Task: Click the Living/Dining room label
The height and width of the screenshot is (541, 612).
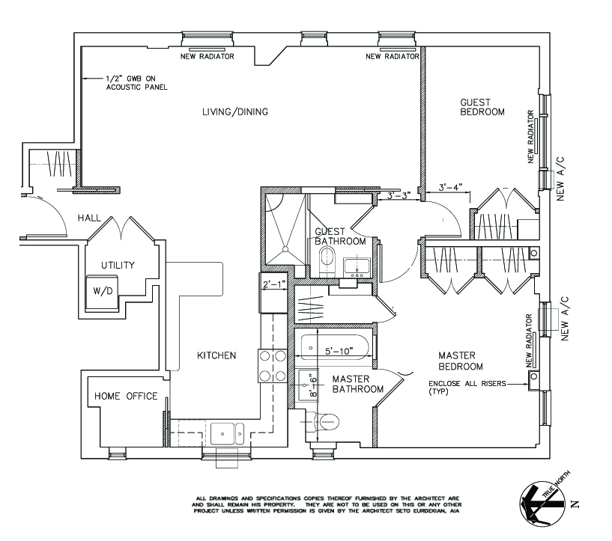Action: (x=234, y=112)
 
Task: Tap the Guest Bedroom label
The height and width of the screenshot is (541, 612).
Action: (x=482, y=106)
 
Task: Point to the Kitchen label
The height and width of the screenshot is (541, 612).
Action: (x=216, y=355)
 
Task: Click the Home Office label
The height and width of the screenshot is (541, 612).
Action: (x=125, y=396)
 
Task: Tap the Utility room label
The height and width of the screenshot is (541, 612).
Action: (x=118, y=265)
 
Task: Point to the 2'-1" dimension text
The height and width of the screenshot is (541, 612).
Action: (x=273, y=284)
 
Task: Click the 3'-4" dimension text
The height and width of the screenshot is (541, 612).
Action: (x=451, y=186)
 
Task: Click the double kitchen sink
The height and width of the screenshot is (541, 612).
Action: (x=225, y=433)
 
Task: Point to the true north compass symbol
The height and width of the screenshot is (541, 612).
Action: (x=542, y=502)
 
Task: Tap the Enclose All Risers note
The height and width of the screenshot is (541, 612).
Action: (x=466, y=388)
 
